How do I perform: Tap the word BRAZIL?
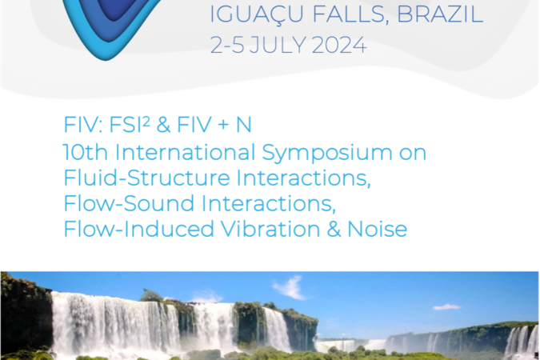point(440,14)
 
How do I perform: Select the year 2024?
point(339,45)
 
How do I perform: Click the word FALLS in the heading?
point(350,14)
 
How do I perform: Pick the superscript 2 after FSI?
point(146,121)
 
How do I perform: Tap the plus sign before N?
point(223,124)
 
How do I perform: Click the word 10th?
point(85,152)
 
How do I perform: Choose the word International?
point(185,152)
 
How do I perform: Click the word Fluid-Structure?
point(146,178)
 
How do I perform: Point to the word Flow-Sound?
point(129,203)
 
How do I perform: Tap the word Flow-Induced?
point(138,229)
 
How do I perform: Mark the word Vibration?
point(270,229)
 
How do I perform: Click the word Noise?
point(377,229)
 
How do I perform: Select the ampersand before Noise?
point(334,229)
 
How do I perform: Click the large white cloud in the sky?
point(289,287)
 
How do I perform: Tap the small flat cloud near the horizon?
point(446,306)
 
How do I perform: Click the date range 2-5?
point(227,45)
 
